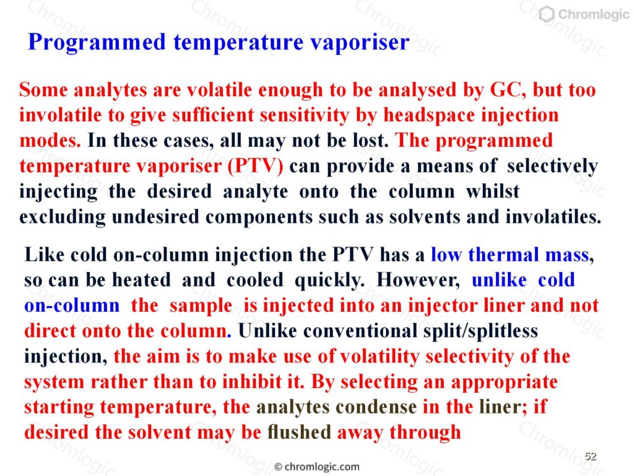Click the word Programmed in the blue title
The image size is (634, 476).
97,43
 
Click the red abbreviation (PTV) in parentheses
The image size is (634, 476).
256,166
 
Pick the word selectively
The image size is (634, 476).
552,166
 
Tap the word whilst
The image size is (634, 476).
492,191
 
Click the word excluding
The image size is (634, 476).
63,217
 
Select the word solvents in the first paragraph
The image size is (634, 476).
425,216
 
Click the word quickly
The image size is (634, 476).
329,280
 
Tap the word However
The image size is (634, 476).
418,280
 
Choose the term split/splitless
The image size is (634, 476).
480,331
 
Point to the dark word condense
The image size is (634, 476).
376,407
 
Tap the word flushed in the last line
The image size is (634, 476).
299,432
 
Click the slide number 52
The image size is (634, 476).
590,456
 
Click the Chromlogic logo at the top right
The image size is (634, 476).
584,14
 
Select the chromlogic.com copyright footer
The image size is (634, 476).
316,467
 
